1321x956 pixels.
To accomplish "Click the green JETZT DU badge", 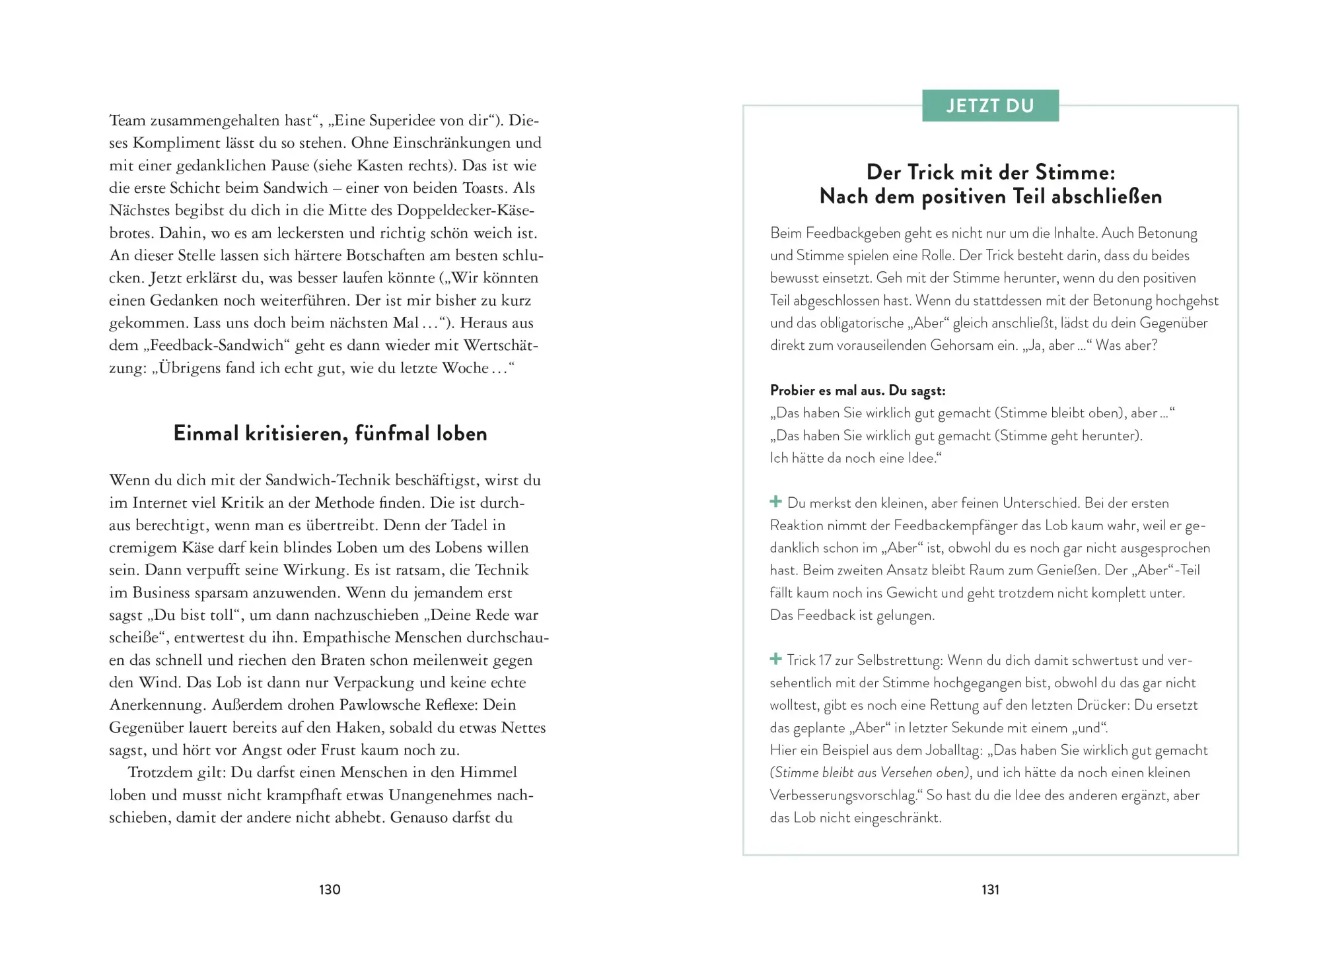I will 990,106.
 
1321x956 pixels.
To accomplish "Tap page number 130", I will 330,889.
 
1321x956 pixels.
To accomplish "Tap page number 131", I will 990,889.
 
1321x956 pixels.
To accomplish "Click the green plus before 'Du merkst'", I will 776,502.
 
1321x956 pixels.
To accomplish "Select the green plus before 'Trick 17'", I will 776,659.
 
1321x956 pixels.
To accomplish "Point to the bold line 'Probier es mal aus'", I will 857,390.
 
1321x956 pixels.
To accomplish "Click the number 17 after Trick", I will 825,660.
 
